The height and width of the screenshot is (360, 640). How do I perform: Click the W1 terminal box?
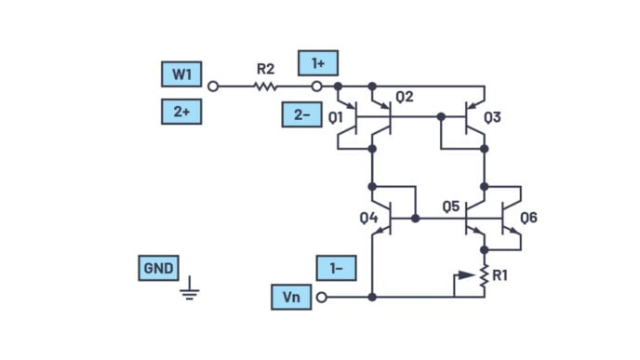pos(181,74)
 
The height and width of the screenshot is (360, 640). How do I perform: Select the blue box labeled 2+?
pos(181,112)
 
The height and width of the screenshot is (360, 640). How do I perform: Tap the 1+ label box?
pos(318,63)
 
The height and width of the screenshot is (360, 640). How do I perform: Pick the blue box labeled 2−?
pos(302,114)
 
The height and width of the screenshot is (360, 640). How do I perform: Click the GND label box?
pos(158,268)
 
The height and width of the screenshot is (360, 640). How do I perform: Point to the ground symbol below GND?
pos(190,288)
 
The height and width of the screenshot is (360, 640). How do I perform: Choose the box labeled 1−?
pos(337,268)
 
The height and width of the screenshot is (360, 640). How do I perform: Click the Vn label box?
pos(291,297)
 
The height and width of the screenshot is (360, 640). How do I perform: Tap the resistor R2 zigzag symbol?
pos(265,87)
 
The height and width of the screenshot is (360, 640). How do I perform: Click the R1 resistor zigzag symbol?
pos(484,276)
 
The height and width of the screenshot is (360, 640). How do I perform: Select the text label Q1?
pos(336,118)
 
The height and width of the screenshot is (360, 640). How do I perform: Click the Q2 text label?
pos(405,97)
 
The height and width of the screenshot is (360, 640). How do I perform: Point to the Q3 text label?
pos(492,117)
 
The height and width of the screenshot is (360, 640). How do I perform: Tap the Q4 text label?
pos(368,218)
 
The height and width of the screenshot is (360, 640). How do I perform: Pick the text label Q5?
pos(451,207)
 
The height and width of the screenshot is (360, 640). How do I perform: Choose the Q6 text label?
pos(529,218)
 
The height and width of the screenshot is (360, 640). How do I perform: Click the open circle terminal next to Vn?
pos(322,297)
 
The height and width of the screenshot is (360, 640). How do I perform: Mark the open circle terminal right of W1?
pos(213,87)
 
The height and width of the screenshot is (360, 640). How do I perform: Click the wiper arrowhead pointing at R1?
pos(467,275)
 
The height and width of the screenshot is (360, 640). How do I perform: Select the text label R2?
pos(265,69)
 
